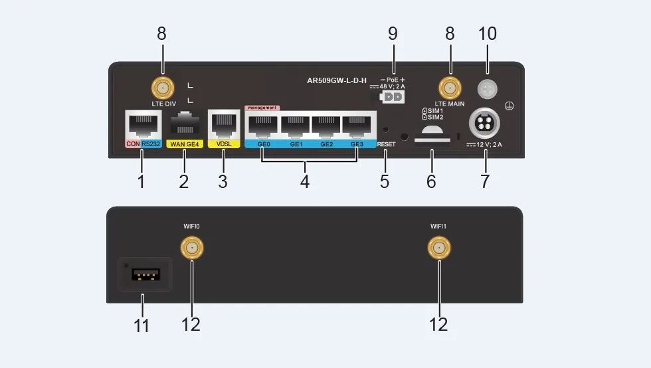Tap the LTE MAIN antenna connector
(x=450, y=88)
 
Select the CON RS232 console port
(x=141, y=124)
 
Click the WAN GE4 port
(x=185, y=125)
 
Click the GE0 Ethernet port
(x=262, y=124)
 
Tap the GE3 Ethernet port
(x=357, y=124)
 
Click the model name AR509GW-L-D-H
(x=337, y=80)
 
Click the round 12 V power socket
(x=484, y=124)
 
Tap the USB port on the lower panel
(x=141, y=274)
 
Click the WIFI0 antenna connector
(x=191, y=248)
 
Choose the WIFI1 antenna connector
(x=438, y=248)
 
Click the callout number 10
(x=487, y=33)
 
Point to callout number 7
(x=485, y=181)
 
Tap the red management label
(x=262, y=107)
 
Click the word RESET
(x=386, y=144)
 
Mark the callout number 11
(x=141, y=325)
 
